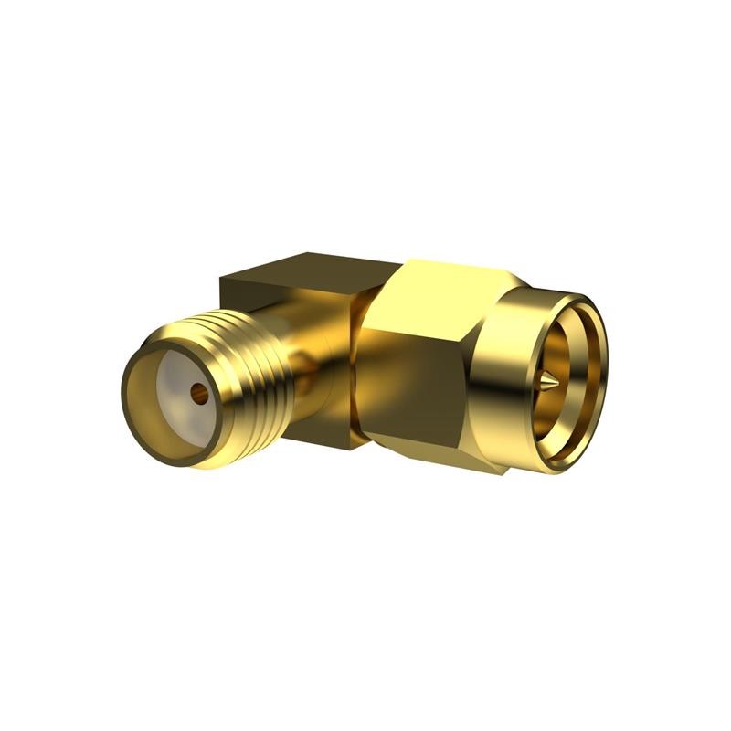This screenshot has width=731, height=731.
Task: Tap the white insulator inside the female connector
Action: tap(179, 375)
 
